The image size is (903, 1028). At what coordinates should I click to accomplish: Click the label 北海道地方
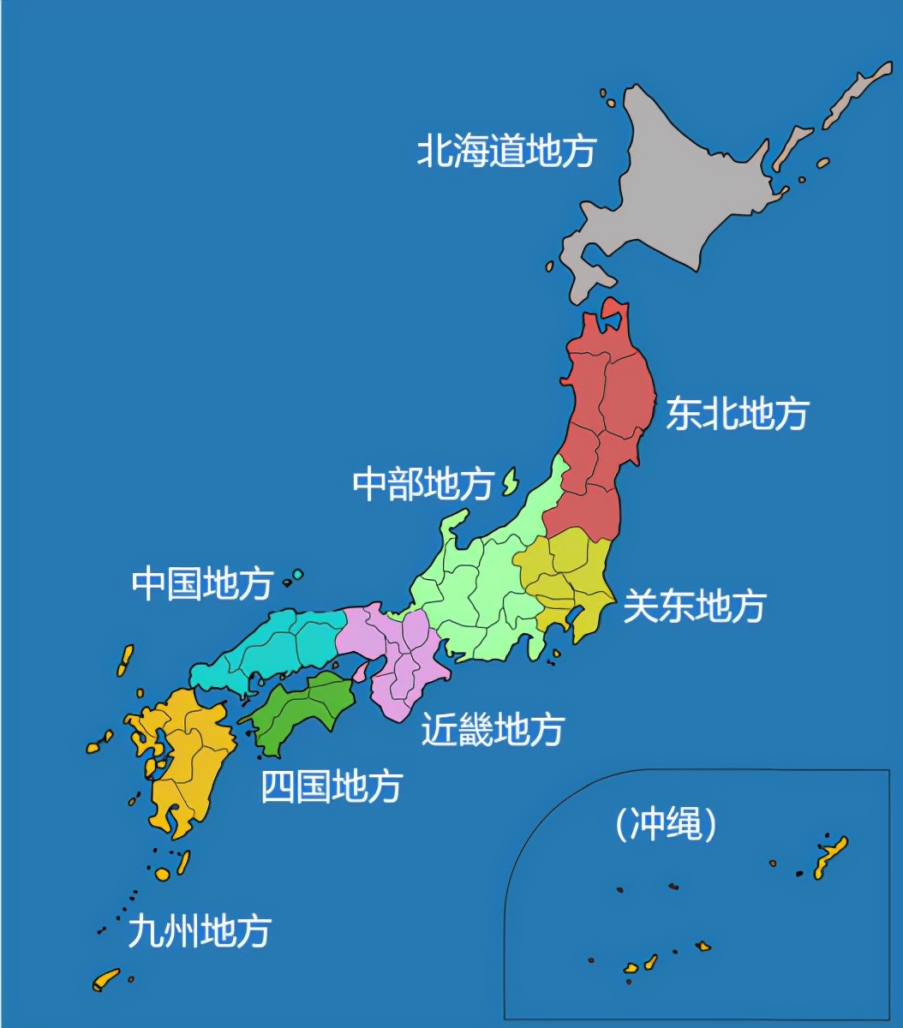click(x=505, y=152)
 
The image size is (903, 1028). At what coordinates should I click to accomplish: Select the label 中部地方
click(x=422, y=485)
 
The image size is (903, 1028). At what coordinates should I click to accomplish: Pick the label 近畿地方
click(x=493, y=730)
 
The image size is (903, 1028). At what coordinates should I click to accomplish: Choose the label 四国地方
click(x=331, y=786)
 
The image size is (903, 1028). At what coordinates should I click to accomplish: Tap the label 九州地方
click(x=199, y=931)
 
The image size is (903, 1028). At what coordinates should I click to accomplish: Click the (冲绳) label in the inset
click(x=665, y=825)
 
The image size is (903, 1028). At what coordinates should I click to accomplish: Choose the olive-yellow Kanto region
click(x=570, y=574)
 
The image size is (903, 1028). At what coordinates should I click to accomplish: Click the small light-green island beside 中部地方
click(x=511, y=482)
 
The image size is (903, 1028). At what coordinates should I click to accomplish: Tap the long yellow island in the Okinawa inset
click(x=831, y=858)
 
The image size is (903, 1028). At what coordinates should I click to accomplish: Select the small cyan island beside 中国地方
click(x=297, y=575)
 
